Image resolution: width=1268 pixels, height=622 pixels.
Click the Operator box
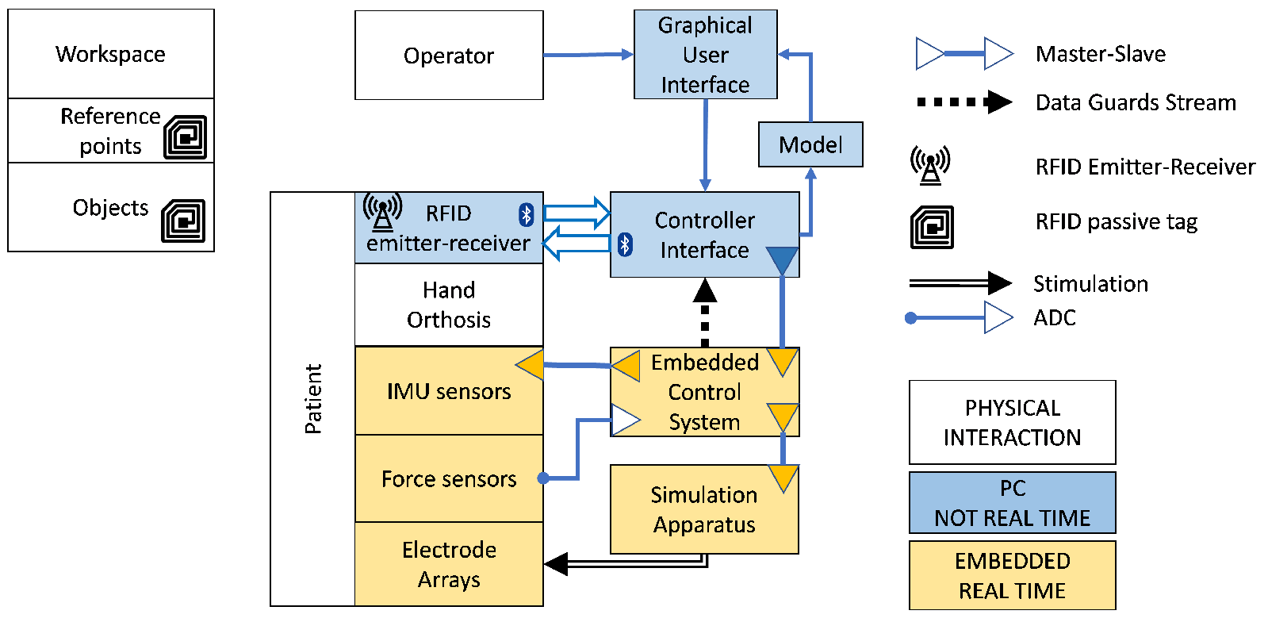pos(449,56)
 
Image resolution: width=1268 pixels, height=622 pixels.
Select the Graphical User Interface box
pos(705,55)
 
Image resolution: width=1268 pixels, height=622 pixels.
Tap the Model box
pos(810,144)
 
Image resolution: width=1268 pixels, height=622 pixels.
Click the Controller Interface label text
pos(704,235)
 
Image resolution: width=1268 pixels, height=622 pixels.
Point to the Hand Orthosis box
pos(449,305)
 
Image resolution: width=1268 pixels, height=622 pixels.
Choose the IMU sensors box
pos(449,391)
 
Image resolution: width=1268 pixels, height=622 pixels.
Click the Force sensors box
pos(449,479)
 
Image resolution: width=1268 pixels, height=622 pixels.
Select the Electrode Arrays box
pos(449,564)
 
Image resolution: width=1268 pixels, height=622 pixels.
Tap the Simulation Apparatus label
pos(703,509)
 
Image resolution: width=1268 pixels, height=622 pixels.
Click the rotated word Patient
pos(313,399)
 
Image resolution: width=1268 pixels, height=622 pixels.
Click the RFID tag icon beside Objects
pos(184,221)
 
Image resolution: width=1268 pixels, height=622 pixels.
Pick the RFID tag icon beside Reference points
pos(186,137)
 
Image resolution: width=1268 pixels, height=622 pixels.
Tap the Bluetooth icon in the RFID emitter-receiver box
pos(526,214)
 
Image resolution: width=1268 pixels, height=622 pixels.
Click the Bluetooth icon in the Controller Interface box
pos(625,244)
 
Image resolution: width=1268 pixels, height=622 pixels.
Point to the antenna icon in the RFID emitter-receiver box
pos(382,212)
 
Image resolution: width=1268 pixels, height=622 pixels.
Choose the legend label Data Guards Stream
pos(1136,102)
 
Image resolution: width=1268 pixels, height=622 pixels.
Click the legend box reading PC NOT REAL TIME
pos(1012,503)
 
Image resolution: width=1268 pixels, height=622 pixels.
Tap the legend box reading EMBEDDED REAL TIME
pos(1012,575)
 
